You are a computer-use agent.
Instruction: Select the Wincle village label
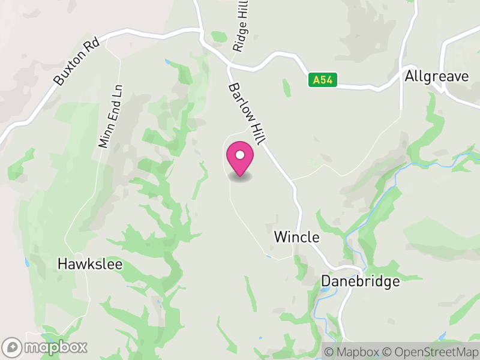pos(296,237)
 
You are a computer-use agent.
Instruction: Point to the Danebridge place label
pos(360,280)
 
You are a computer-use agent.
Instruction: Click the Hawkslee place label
pos(90,263)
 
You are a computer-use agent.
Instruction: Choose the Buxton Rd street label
pos(76,63)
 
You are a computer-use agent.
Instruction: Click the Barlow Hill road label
pos(245,113)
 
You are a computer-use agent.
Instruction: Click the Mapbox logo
pos(46,347)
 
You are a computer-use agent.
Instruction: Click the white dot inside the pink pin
pos(239,154)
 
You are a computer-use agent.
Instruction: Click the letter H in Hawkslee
pos(62,263)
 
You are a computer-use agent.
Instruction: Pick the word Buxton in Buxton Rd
pos(68,71)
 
